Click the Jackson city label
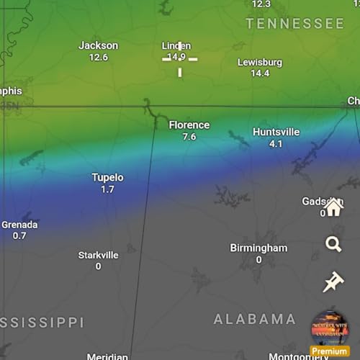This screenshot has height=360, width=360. [98, 45]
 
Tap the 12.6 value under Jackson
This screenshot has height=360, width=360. [98, 58]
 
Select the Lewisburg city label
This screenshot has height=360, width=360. [260, 62]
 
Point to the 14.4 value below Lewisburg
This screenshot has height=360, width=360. [260, 73]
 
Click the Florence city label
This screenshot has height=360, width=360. [189, 125]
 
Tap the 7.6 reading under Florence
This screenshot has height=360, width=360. [189, 137]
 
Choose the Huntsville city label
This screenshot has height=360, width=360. [275, 132]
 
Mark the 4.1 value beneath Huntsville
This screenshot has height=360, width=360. [275, 144]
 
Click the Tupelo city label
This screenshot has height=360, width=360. [107, 177]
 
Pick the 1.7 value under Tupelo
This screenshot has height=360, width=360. [107, 189]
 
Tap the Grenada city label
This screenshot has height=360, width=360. [19, 224]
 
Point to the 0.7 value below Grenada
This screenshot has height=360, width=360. [19, 236]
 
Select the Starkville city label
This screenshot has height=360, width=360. [98, 255]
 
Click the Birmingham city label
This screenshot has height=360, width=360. [258, 248]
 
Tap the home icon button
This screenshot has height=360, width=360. [333, 207]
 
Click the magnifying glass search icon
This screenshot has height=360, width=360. [333, 245]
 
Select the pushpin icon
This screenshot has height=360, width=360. [333, 282]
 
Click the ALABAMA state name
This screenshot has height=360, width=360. [255, 319]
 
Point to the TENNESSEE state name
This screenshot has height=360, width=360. [294, 24]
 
